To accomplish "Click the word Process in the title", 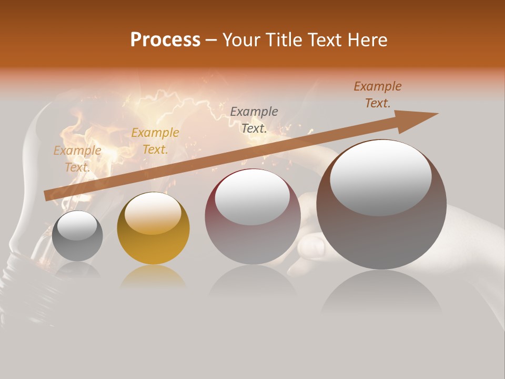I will (165, 40).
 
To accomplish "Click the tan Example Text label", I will (77, 159).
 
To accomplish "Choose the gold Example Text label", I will (155, 141).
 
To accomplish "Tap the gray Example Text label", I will (254, 120).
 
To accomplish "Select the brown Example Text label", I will (377, 95).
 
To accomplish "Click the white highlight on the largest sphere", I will (380, 178).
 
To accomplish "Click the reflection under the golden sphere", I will (153, 276).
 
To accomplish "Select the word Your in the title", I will (243, 40).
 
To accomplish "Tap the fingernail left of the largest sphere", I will (312, 246).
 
